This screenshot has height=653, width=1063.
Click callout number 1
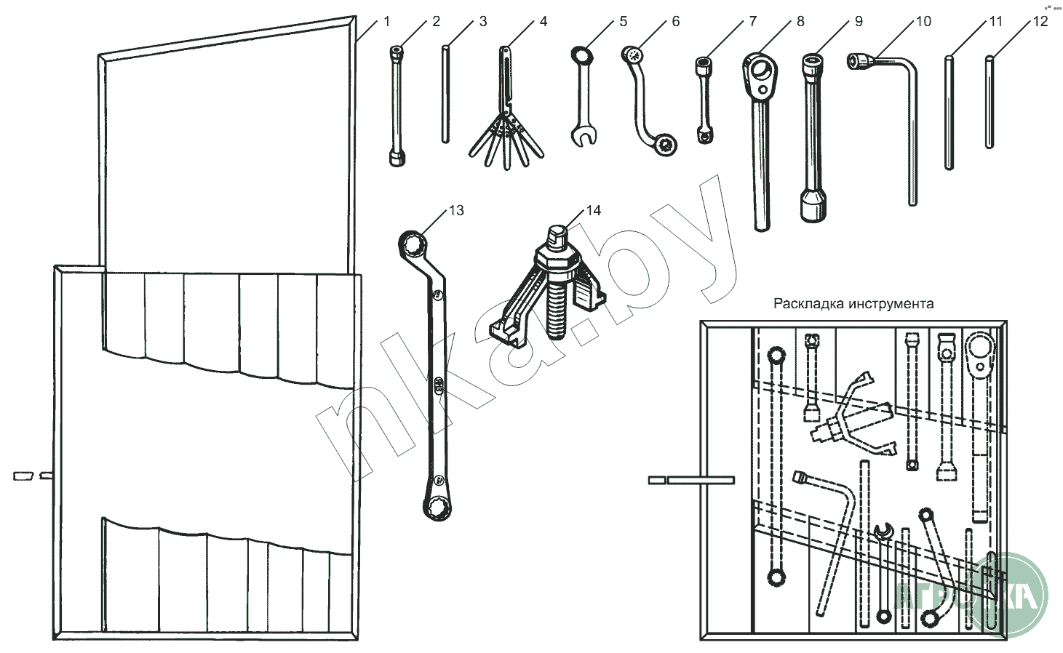386,22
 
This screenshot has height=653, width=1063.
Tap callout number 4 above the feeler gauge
543,22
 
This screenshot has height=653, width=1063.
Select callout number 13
456,211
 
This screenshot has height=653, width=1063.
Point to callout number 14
594,211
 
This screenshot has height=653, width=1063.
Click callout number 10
923,22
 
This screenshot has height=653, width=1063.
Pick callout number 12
1040,22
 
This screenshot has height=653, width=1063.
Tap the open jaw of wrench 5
582,136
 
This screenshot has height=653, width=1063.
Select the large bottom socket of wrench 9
813,205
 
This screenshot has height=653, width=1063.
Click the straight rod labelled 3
445,95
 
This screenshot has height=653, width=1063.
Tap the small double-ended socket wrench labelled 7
704,98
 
